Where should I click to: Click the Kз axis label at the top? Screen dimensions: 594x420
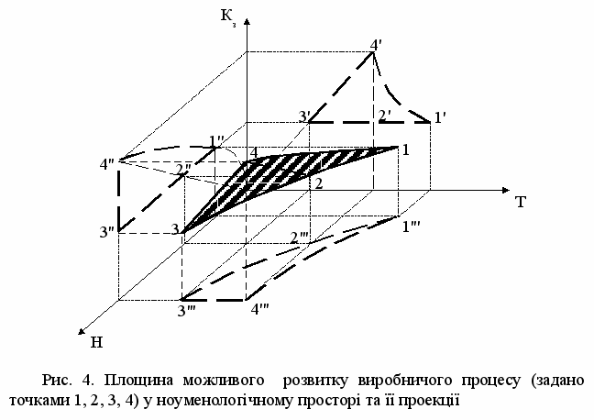tap(229, 17)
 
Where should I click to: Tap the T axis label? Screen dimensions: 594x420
tap(521, 202)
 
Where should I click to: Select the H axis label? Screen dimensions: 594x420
tap(96, 342)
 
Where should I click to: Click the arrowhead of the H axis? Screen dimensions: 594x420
tap(82, 331)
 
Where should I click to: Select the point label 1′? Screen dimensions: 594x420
tap(439, 118)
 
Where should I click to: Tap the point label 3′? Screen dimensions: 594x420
tap(304, 116)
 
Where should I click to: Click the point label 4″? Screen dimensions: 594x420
tap(107, 165)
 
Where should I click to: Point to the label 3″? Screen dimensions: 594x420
tap(107, 232)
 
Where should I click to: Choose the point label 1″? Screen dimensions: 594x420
tap(216, 141)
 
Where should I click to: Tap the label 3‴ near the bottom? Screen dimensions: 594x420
tap(186, 311)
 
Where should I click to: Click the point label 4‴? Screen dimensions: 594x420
tap(260, 309)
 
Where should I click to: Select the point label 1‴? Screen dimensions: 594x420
tap(411, 227)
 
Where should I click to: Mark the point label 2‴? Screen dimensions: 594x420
tap(299, 238)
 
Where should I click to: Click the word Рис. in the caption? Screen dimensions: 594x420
tap(57, 380)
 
